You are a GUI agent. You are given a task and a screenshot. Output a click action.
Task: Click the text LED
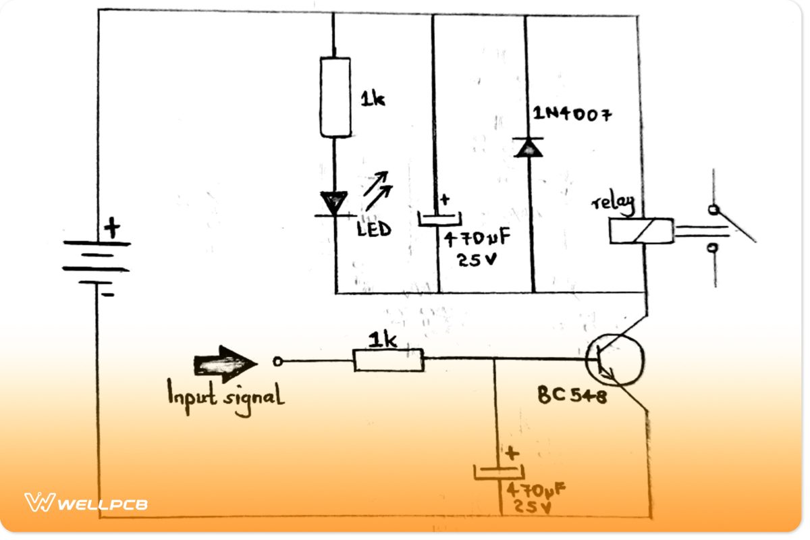click(374, 230)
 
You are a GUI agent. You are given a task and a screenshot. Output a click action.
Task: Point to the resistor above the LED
click(335, 97)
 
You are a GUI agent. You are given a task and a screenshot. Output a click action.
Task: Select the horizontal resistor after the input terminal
click(389, 360)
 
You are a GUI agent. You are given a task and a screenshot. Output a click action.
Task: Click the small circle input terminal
click(277, 362)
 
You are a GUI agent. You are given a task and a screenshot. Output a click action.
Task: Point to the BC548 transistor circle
click(615, 361)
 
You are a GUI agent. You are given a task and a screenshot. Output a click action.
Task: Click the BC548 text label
click(572, 396)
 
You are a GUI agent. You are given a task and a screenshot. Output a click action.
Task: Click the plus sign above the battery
click(111, 227)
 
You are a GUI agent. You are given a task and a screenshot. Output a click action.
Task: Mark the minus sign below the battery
click(109, 294)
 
